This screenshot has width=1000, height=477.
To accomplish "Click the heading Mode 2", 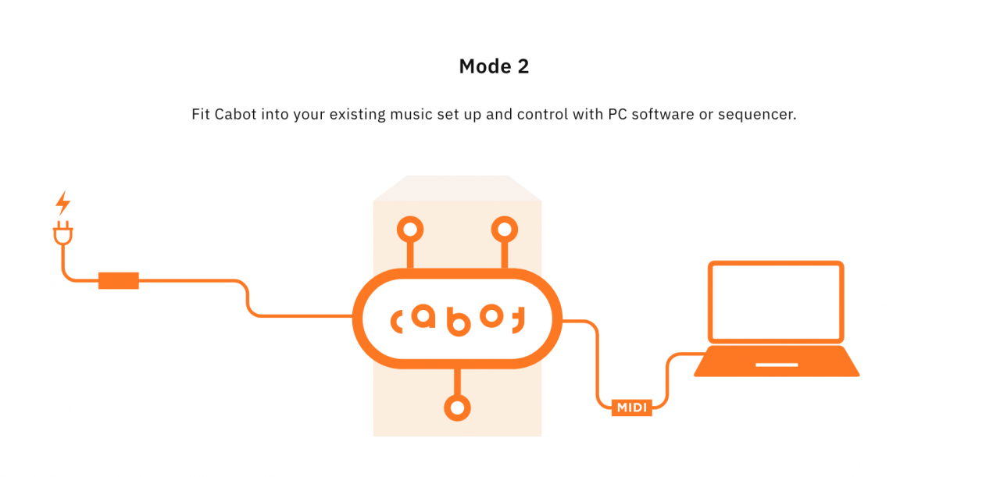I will (494, 67).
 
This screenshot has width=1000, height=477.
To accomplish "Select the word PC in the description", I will (619, 115).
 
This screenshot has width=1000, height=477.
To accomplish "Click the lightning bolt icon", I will (62, 204).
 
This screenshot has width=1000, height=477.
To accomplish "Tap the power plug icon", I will (62, 234).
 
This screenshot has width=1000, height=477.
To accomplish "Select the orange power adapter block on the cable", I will (119, 280).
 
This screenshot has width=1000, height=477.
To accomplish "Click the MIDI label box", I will (631, 408).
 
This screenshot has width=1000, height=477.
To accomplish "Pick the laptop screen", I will (776, 302).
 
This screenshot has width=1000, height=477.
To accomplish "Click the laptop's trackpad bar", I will (777, 365).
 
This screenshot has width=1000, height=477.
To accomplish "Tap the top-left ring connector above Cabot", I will (410, 230).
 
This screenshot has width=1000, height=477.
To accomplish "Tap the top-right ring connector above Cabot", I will (504, 230).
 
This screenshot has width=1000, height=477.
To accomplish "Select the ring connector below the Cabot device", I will (457, 408).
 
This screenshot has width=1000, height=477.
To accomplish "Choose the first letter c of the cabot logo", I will (398, 320).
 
